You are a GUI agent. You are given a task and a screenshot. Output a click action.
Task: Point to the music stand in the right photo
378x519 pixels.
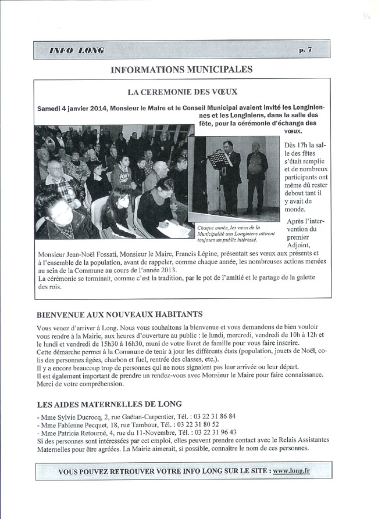[217, 160]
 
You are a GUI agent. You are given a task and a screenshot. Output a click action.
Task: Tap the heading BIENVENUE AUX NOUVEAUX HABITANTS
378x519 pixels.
[120, 314]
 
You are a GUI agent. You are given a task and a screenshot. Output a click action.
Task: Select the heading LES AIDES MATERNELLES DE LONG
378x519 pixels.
[109, 403]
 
